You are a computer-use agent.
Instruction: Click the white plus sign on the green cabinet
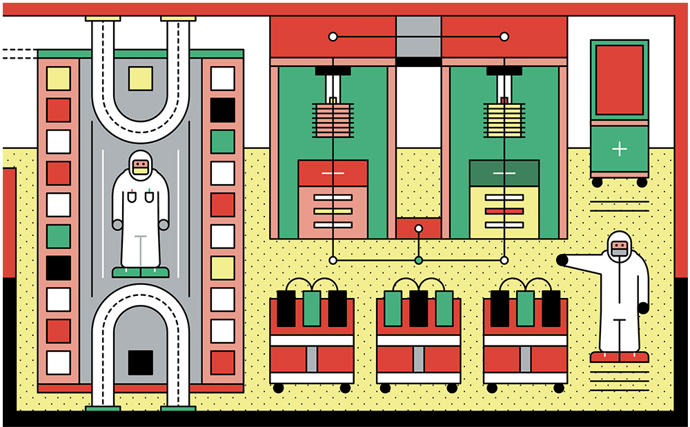619,148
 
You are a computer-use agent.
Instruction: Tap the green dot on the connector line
418,260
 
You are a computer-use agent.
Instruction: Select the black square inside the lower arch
141,362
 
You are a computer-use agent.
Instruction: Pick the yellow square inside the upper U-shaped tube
141,78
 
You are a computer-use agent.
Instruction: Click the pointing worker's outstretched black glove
562,260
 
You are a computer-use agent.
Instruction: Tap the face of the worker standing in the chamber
141,166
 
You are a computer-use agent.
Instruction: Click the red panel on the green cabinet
619,80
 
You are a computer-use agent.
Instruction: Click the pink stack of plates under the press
333,121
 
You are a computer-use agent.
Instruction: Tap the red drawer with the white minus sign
333,173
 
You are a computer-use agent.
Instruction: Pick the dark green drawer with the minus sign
504,173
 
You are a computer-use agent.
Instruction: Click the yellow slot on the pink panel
333,211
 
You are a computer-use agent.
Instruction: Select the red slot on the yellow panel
504,211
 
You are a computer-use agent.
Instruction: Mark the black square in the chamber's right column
222,109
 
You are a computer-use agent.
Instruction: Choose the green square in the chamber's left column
59,236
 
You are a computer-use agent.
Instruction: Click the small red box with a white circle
418,228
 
